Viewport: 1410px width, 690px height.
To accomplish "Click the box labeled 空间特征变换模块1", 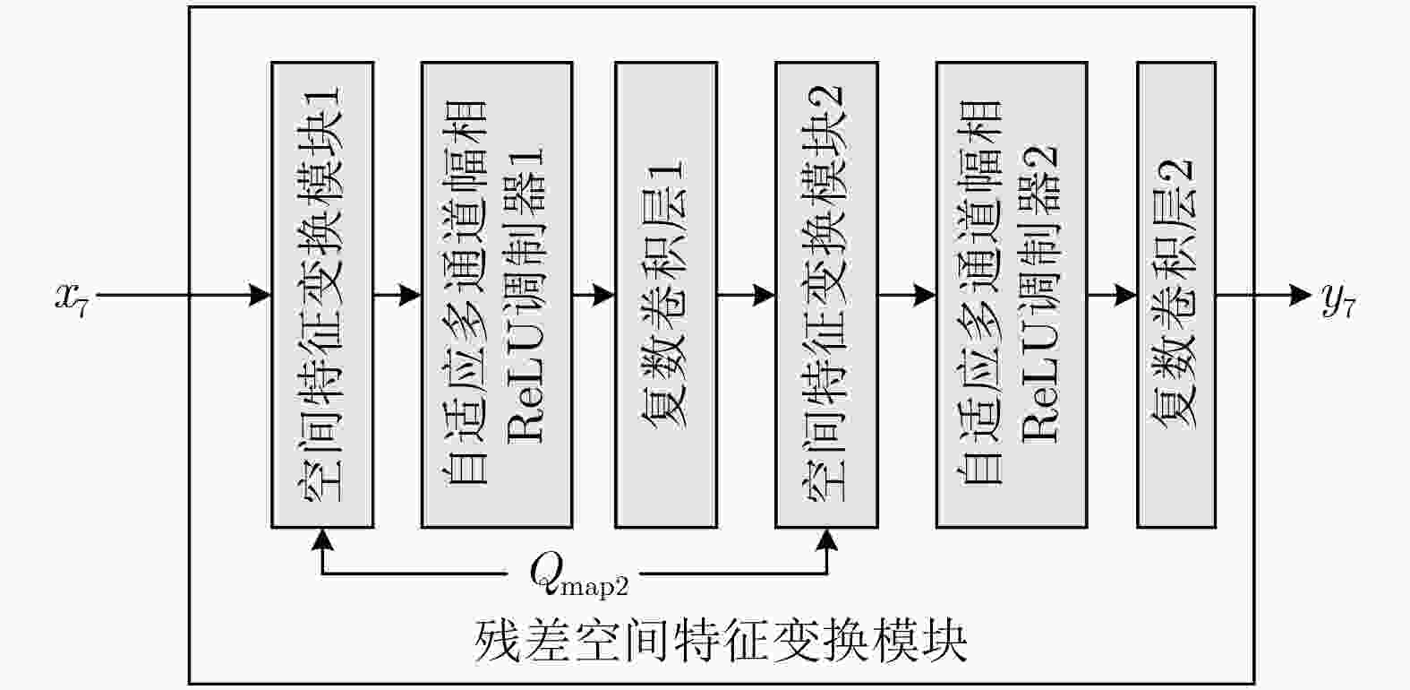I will click(322, 295).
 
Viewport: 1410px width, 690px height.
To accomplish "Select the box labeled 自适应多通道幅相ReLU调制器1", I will click(497, 295).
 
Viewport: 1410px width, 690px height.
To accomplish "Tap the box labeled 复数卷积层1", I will click(665, 295).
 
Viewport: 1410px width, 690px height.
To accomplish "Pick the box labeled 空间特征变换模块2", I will click(825, 295).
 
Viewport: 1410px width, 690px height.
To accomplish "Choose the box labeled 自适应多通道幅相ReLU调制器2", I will click(1012, 295).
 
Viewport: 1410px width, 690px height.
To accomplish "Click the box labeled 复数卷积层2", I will click(1175, 295).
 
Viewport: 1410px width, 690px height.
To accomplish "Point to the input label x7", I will click(73, 297).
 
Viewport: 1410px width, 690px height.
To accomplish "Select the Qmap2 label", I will click(578, 574).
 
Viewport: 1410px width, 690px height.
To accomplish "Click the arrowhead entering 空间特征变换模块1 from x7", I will click(261, 295).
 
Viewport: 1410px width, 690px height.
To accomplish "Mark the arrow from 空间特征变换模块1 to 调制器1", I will click(397, 295).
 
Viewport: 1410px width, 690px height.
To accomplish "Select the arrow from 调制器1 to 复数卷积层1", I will click(594, 295).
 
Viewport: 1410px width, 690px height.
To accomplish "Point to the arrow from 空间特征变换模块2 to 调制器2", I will click(907, 295).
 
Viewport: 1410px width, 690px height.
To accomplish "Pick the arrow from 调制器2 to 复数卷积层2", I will click(1113, 295).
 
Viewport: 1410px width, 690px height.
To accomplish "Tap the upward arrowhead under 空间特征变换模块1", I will click(322, 539).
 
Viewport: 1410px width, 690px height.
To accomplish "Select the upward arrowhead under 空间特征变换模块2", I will click(826, 539).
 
